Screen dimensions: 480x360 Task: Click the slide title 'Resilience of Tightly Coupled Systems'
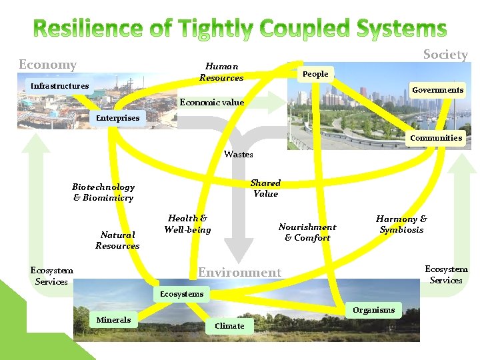[240, 29]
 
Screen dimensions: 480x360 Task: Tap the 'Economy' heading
[47, 65]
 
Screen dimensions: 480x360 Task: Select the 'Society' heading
[445, 55]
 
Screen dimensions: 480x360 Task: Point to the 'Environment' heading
[240, 272]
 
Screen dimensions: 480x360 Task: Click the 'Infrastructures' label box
[59, 86]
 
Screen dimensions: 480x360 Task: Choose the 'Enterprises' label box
[118, 118]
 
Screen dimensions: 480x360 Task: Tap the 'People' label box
[315, 74]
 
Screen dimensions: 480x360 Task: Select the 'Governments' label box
[437, 90]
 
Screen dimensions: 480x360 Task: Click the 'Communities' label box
[436, 138]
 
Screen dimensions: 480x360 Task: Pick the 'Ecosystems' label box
[181, 294]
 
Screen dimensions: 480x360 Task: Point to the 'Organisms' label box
[373, 310]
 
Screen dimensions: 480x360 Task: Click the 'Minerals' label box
[113, 320]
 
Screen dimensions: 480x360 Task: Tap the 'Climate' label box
[229, 326]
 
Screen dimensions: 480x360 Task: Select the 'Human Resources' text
[221, 72]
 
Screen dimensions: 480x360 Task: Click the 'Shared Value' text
[265, 188]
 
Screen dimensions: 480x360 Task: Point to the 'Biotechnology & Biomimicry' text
[103, 192]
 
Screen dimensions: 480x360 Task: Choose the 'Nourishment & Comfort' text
[307, 232]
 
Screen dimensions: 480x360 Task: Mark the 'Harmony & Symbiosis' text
[401, 224]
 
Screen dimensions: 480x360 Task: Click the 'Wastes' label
[239, 154]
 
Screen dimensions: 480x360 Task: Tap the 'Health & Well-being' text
[187, 224]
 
